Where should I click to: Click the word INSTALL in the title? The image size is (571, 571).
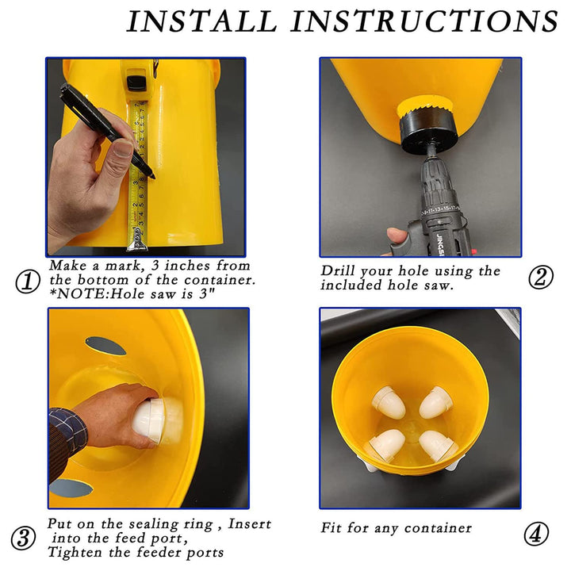[201, 21]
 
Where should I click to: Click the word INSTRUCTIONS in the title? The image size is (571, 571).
[423, 21]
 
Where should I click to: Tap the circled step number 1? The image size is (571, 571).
[27, 282]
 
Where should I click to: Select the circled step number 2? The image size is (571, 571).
[540, 278]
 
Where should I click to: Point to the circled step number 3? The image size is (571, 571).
[23, 538]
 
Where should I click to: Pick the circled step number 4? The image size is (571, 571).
[536, 534]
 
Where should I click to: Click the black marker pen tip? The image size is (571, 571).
[153, 176]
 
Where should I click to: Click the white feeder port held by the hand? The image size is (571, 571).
[156, 420]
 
